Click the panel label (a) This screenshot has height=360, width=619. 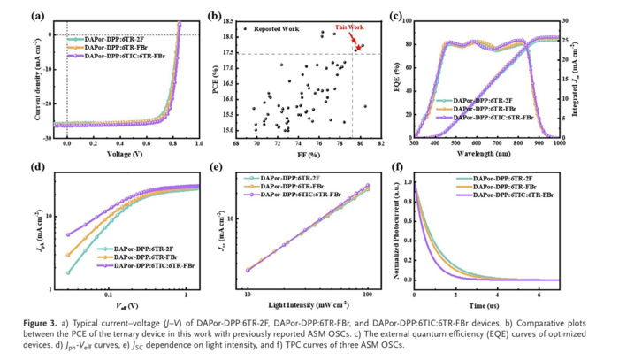39,16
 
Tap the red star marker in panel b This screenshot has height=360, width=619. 358,46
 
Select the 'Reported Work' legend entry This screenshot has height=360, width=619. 279,29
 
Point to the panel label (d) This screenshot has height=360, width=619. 39,166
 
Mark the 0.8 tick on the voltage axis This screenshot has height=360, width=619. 174,141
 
